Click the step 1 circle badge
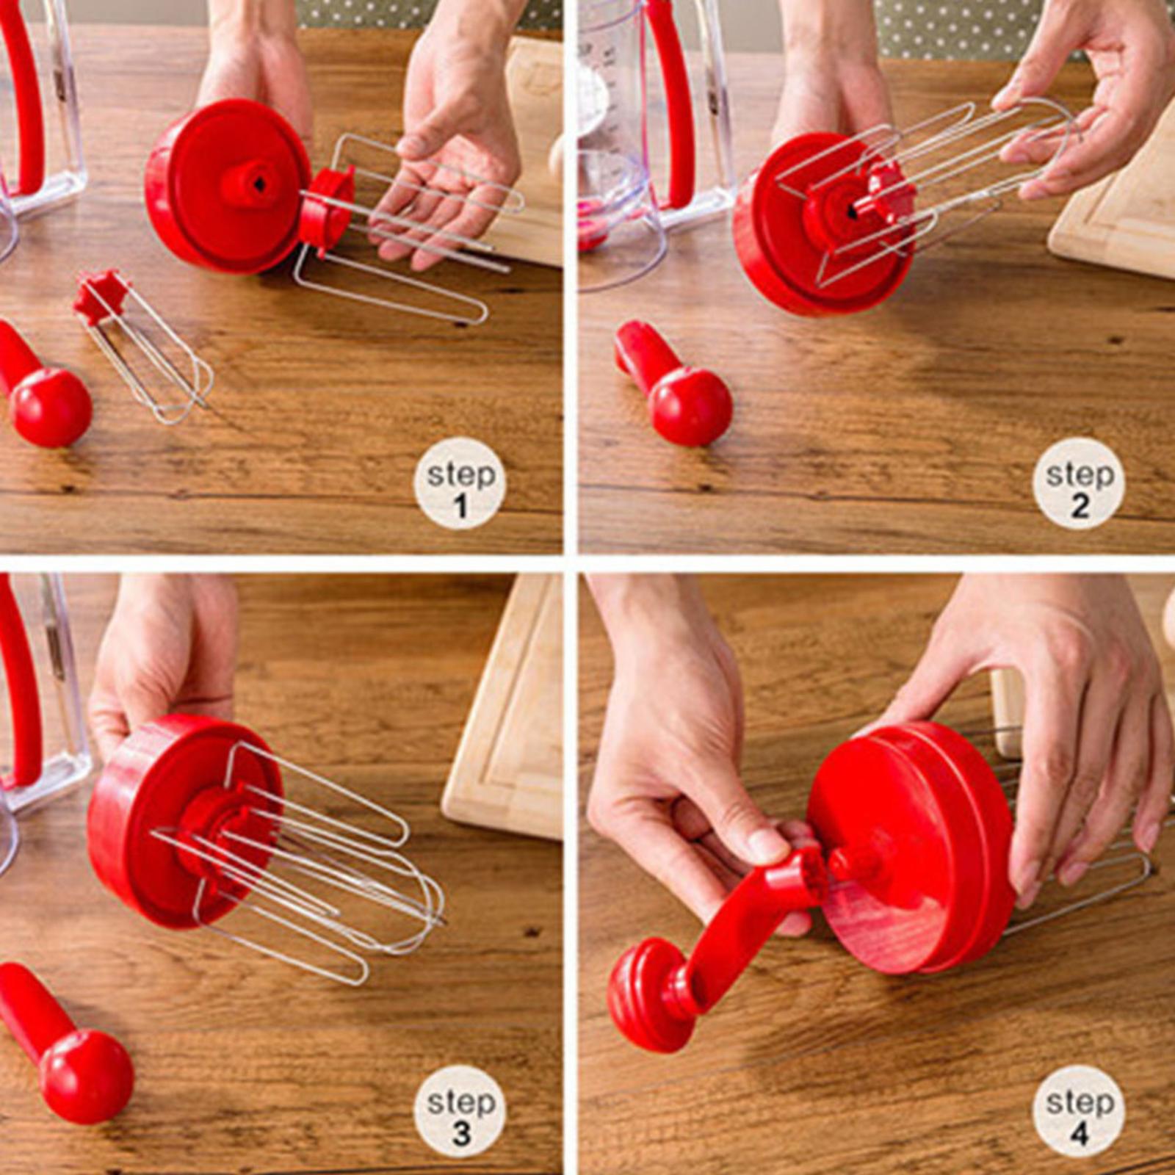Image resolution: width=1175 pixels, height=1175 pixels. click(x=460, y=483)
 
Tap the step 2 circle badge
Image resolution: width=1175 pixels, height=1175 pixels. click(x=1079, y=483)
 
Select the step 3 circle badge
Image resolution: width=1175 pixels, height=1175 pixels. click(x=460, y=1111)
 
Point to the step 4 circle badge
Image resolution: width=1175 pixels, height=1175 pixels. click(x=1079, y=1111)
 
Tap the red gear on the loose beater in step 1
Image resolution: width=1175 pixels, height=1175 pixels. click(x=101, y=295)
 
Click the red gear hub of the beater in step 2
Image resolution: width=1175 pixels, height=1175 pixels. click(x=889, y=195)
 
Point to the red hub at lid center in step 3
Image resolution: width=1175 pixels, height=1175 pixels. click(x=213, y=826)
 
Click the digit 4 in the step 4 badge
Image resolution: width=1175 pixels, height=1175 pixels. click(x=1079, y=1133)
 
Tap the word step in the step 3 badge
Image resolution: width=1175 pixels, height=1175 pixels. click(x=460, y=1102)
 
